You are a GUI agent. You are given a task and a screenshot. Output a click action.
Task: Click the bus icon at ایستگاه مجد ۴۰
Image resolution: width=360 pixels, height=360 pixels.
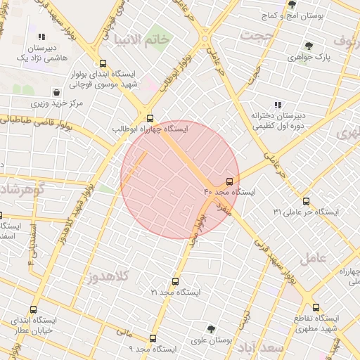(230, 181)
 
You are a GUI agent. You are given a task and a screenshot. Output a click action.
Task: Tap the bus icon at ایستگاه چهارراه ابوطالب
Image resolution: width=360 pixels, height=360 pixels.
(150, 118)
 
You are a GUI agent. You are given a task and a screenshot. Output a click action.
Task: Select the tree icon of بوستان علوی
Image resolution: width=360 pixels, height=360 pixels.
(211, 329)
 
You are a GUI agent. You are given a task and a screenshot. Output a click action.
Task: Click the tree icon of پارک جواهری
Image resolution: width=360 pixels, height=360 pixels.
(309, 46)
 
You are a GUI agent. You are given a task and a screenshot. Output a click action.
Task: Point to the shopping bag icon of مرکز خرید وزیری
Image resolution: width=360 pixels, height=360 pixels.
(56, 92)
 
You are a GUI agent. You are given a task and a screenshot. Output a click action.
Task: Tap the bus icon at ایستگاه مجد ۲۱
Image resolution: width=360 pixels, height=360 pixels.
(175, 281)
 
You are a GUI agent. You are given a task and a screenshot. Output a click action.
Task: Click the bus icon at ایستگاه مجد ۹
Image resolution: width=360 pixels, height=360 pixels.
(153, 338)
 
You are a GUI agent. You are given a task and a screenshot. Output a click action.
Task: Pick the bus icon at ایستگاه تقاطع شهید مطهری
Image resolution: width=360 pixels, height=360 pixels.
(316, 307)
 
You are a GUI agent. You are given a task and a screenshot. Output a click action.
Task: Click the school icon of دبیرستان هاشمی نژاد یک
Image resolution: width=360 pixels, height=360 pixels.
(41, 37)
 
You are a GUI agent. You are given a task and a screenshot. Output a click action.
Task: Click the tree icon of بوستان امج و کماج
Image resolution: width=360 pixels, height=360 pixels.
(292, 4)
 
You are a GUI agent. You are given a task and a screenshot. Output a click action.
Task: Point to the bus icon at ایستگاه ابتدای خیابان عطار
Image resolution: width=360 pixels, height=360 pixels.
(34, 309)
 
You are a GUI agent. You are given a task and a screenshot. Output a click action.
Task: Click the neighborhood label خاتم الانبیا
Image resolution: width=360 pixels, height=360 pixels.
(150, 39)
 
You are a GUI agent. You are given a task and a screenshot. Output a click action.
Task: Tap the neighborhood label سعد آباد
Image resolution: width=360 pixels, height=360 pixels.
(259, 348)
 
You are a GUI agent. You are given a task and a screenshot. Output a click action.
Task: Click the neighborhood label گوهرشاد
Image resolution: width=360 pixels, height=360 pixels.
(21, 190)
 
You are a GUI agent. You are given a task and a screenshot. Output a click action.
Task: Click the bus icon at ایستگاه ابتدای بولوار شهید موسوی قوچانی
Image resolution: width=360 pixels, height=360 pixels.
(103, 63)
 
